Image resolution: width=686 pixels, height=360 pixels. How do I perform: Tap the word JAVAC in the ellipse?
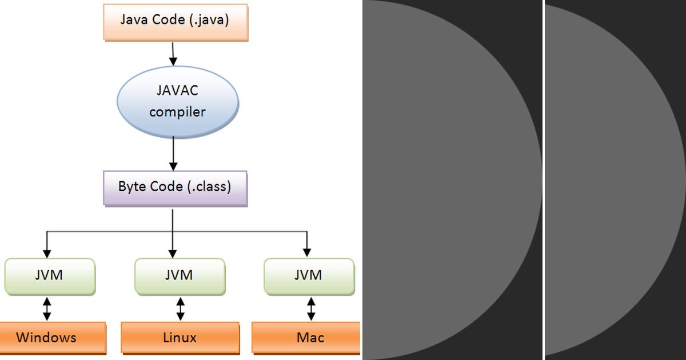tap(177, 90)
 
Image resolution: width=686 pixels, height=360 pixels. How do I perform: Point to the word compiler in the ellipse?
tap(177, 111)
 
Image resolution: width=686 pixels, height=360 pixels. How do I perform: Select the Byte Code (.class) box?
tap(174, 187)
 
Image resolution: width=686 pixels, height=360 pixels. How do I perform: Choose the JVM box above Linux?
tap(178, 275)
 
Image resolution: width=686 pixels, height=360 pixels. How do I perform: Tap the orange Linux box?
tap(180, 338)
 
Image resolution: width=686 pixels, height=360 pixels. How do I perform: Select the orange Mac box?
tap(310, 338)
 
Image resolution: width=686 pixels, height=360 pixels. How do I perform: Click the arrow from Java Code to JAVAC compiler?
tap(173, 54)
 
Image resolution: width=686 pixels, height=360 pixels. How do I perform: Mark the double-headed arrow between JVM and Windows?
tap(47, 309)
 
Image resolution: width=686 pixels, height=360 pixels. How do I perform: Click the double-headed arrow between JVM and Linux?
tap(181, 309)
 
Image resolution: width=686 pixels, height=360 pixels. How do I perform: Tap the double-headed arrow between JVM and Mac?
tap(311, 309)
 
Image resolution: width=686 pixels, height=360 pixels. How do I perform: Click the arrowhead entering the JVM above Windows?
tap(47, 253)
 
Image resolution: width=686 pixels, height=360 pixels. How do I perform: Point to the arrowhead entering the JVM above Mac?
tap(307, 253)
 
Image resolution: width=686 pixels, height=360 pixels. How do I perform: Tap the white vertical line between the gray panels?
tap(543, 180)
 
